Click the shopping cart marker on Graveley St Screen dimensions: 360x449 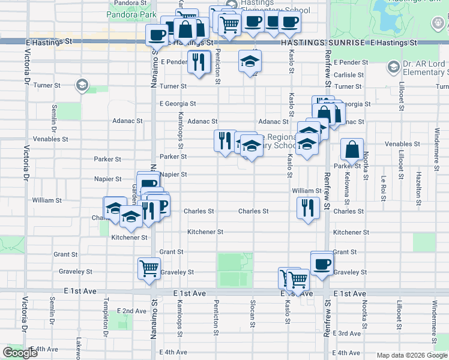click(148, 268)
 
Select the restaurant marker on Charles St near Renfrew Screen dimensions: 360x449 click(307, 208)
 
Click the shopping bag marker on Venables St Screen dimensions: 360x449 click(352, 149)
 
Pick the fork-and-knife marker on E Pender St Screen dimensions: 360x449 click(197, 61)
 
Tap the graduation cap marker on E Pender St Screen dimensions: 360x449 click(250, 61)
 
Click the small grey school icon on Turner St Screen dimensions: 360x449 click(80, 86)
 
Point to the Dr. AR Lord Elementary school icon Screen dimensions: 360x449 click(394, 67)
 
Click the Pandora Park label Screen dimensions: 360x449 click(131, 13)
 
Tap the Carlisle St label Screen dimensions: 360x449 click(349, 75)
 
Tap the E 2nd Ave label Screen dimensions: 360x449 click(133, 311)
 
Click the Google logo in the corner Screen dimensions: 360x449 click(20, 353)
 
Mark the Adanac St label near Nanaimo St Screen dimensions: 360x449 click(128, 121)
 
